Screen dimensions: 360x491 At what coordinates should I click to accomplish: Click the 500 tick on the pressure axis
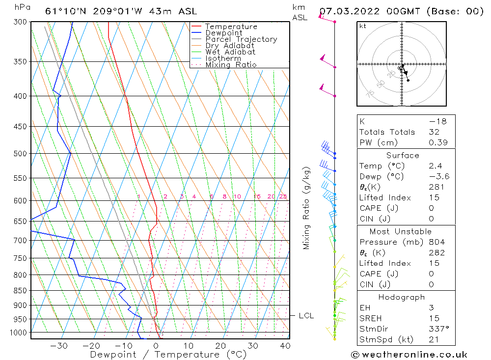[20, 154]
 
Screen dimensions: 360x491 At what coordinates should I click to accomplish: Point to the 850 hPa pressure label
[20, 291]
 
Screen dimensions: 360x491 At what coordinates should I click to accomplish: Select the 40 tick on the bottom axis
[284, 346]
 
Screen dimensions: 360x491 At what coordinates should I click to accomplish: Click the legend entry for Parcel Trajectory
[241, 39]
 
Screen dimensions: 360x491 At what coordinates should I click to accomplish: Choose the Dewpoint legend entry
[223, 33]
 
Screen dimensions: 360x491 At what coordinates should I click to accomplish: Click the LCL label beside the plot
[306, 316]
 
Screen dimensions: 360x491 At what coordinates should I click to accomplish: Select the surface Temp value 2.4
[435, 166]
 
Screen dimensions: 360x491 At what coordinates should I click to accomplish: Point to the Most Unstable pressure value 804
[436, 242]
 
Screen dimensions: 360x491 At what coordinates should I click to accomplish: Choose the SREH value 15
[433, 319]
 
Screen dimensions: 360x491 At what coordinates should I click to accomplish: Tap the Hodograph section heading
[402, 298]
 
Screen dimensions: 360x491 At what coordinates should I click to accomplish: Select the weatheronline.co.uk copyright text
[409, 355]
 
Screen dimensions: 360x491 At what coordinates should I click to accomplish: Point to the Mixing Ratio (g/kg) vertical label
[306, 208]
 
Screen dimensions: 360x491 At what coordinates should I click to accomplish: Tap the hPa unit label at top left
[21, 7]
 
